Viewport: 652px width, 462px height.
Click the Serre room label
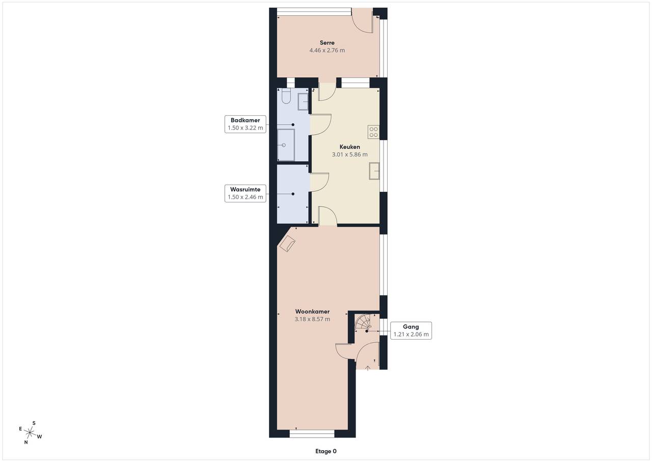click(327, 42)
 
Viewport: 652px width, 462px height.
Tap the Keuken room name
click(349, 147)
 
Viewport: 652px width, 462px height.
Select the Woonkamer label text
click(312, 312)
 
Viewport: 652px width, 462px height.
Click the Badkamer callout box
click(246, 124)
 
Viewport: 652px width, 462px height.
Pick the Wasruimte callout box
click(246, 193)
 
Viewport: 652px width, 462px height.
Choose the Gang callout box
click(411, 330)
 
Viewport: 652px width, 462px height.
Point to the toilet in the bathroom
click(286, 96)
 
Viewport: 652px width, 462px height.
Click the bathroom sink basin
click(303, 101)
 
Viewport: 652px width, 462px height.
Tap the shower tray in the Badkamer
click(286, 145)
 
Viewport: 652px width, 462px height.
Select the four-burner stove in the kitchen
click(373, 132)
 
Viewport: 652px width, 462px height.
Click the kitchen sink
click(374, 171)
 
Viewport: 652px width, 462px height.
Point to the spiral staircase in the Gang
click(363, 322)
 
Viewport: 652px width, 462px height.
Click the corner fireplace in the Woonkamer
click(287, 244)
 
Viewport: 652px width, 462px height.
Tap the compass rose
click(30, 432)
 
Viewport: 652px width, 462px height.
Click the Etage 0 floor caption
click(325, 451)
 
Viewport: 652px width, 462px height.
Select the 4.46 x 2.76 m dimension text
click(327, 50)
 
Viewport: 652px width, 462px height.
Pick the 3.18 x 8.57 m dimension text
click(312, 319)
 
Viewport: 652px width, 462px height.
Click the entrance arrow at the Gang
click(368, 368)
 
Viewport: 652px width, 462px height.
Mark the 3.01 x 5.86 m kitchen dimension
click(349, 155)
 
